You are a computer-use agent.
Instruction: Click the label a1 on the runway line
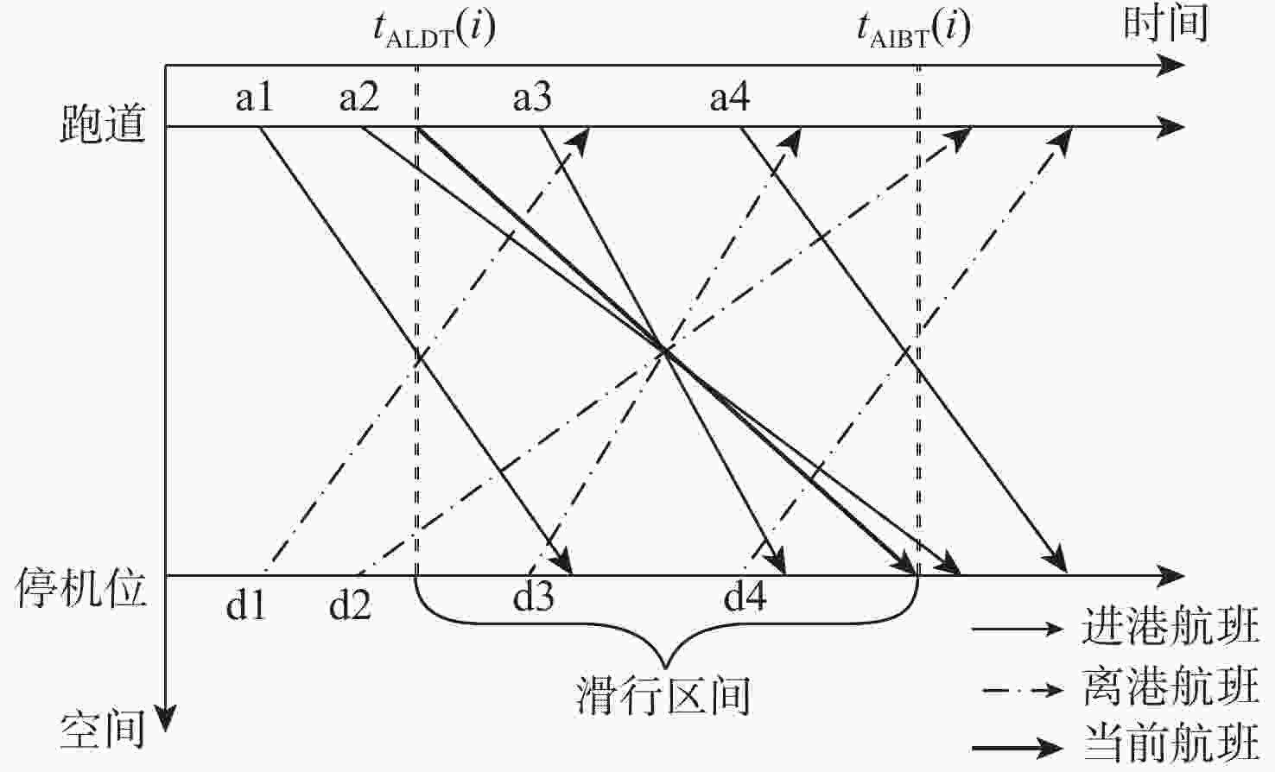254,98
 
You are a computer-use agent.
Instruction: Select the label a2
359,98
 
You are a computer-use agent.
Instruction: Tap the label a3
532,98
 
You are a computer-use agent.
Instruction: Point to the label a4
730,98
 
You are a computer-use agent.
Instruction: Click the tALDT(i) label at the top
435,29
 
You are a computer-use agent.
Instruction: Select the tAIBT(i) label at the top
914,29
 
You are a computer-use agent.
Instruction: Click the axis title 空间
103,730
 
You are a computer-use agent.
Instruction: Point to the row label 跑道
103,123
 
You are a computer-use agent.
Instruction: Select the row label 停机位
80,588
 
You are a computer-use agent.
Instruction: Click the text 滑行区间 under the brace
663,695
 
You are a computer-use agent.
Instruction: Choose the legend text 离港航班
1170,687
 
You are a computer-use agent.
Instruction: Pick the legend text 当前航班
1170,743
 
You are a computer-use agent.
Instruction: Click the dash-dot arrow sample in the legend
1023,691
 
